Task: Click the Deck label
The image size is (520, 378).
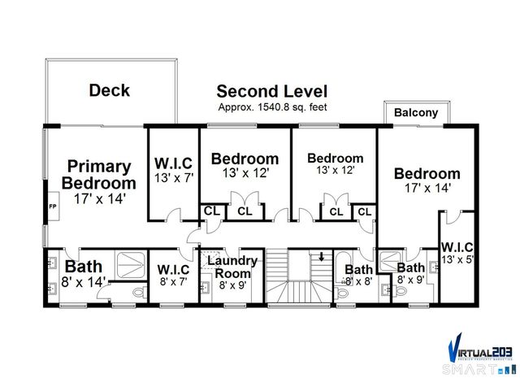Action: coord(109,91)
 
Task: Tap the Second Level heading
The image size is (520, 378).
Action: coord(271,91)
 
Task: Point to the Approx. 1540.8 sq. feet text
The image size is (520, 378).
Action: coord(271,107)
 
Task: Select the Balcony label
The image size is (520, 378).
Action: coord(416,113)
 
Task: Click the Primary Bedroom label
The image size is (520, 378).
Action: coord(98,174)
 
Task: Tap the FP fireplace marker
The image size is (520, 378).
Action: coord(53,206)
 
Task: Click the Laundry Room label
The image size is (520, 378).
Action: coord(232,267)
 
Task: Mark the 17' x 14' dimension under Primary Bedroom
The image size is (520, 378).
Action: coord(98,198)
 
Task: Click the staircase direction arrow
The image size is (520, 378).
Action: coord(322,258)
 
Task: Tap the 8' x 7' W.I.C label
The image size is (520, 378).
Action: coord(173,270)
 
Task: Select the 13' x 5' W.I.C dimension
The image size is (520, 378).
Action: coord(457,259)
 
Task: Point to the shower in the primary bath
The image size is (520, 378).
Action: coord(128,263)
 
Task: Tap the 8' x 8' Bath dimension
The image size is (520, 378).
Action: coord(358,282)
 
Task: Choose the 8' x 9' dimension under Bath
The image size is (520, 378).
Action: coord(411,280)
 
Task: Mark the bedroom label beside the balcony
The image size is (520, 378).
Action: coord(427,173)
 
